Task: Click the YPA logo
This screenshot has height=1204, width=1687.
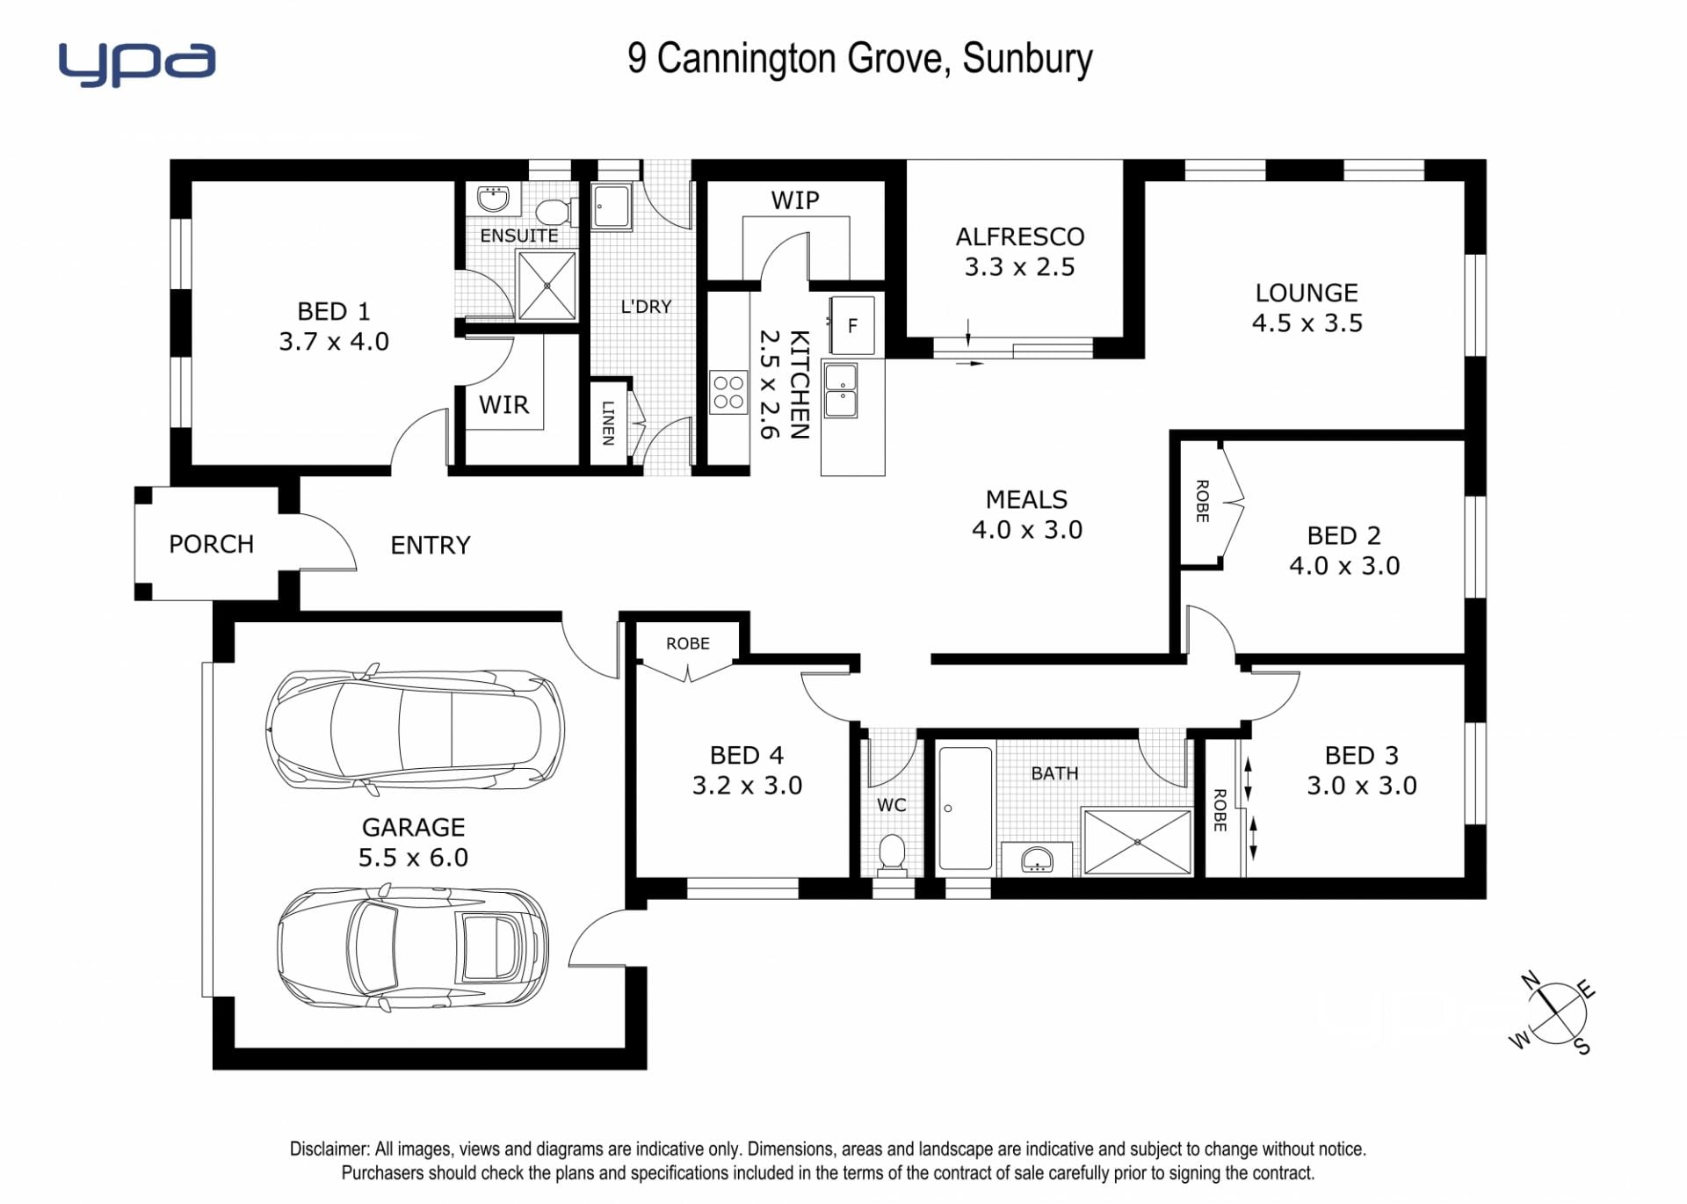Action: pos(137,63)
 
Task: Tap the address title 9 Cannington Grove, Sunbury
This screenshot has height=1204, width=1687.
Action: pos(860,59)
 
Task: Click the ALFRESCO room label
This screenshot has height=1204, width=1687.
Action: pos(1020,236)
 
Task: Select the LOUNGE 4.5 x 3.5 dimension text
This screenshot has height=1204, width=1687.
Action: pos(1307,323)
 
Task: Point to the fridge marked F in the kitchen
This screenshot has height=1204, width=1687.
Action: pos(852,326)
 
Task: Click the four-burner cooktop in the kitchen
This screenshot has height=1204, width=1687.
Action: pos(728,392)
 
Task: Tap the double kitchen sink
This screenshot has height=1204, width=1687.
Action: pos(841,390)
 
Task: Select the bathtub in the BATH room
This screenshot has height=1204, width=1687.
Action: pos(965,809)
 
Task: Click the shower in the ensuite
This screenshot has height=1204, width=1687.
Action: pos(547,286)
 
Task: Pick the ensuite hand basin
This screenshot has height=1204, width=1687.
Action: pos(494,199)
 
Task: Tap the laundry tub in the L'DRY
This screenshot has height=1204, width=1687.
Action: pos(611,207)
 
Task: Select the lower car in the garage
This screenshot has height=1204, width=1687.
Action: pos(413,947)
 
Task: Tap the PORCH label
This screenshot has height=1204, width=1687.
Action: pos(211,544)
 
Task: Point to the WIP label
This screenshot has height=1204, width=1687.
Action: pos(795,200)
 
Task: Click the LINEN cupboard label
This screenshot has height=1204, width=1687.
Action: pos(608,423)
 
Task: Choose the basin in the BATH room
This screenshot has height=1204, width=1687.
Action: pos(1037,859)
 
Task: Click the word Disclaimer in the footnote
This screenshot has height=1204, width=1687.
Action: pos(329,1149)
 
